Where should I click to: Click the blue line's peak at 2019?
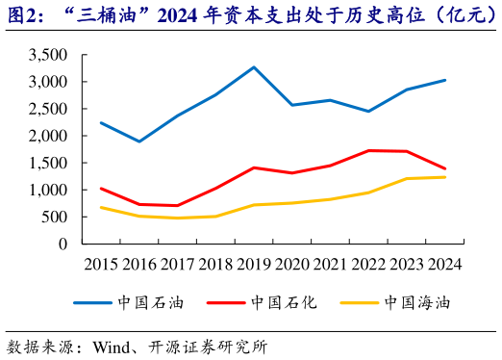pyautogui.click(x=254, y=67)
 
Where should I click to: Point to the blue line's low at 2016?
pyautogui.click(x=139, y=141)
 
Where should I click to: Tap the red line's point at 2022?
pyautogui.click(x=368, y=150)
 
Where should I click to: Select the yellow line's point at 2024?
pyautogui.click(x=444, y=177)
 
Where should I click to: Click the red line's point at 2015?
pyautogui.click(x=101, y=189)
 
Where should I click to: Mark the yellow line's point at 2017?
pyautogui.click(x=177, y=218)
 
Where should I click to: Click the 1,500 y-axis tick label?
pyautogui.click(x=48, y=164)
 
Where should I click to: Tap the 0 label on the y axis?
pyautogui.click(x=63, y=244)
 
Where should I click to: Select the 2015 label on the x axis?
pyautogui.click(x=101, y=264)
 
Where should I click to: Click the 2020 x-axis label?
pyautogui.click(x=292, y=264)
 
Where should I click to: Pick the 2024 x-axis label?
pyautogui.click(x=444, y=264)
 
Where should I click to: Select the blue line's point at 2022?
pyautogui.click(x=368, y=111)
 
